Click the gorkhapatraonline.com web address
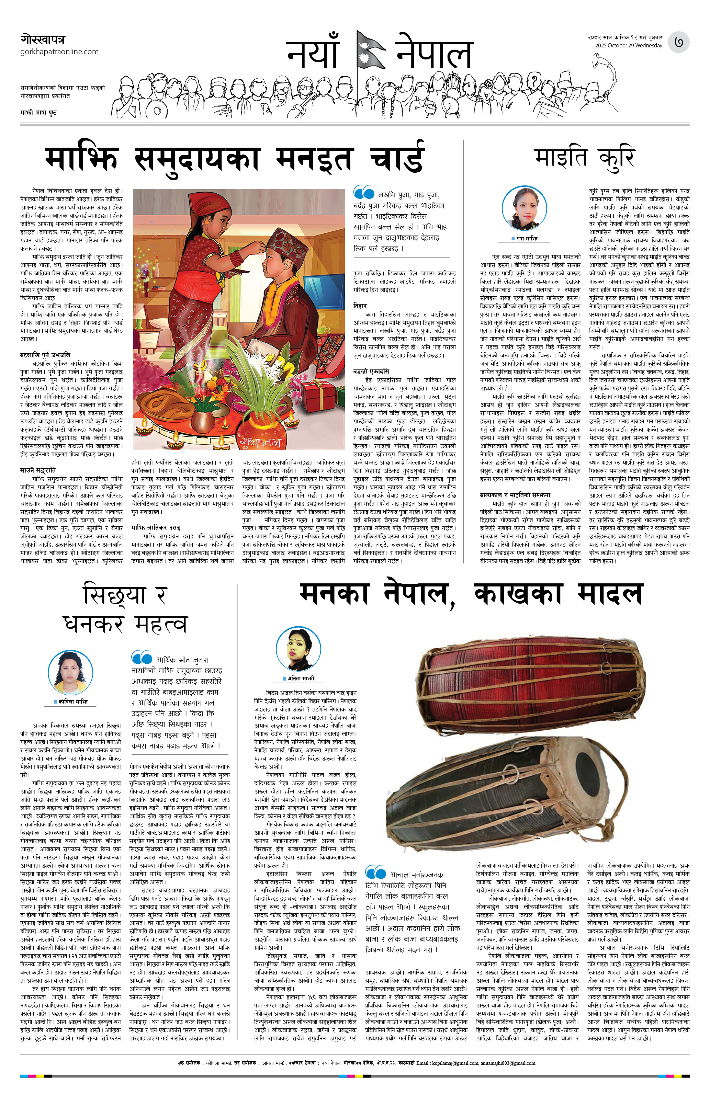[x=59, y=52]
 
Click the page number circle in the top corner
[x=679, y=42]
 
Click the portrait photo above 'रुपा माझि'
[x=524, y=208]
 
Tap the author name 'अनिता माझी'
[x=301, y=678]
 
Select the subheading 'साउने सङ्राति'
[x=38, y=470]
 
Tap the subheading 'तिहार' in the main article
[x=360, y=306]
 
